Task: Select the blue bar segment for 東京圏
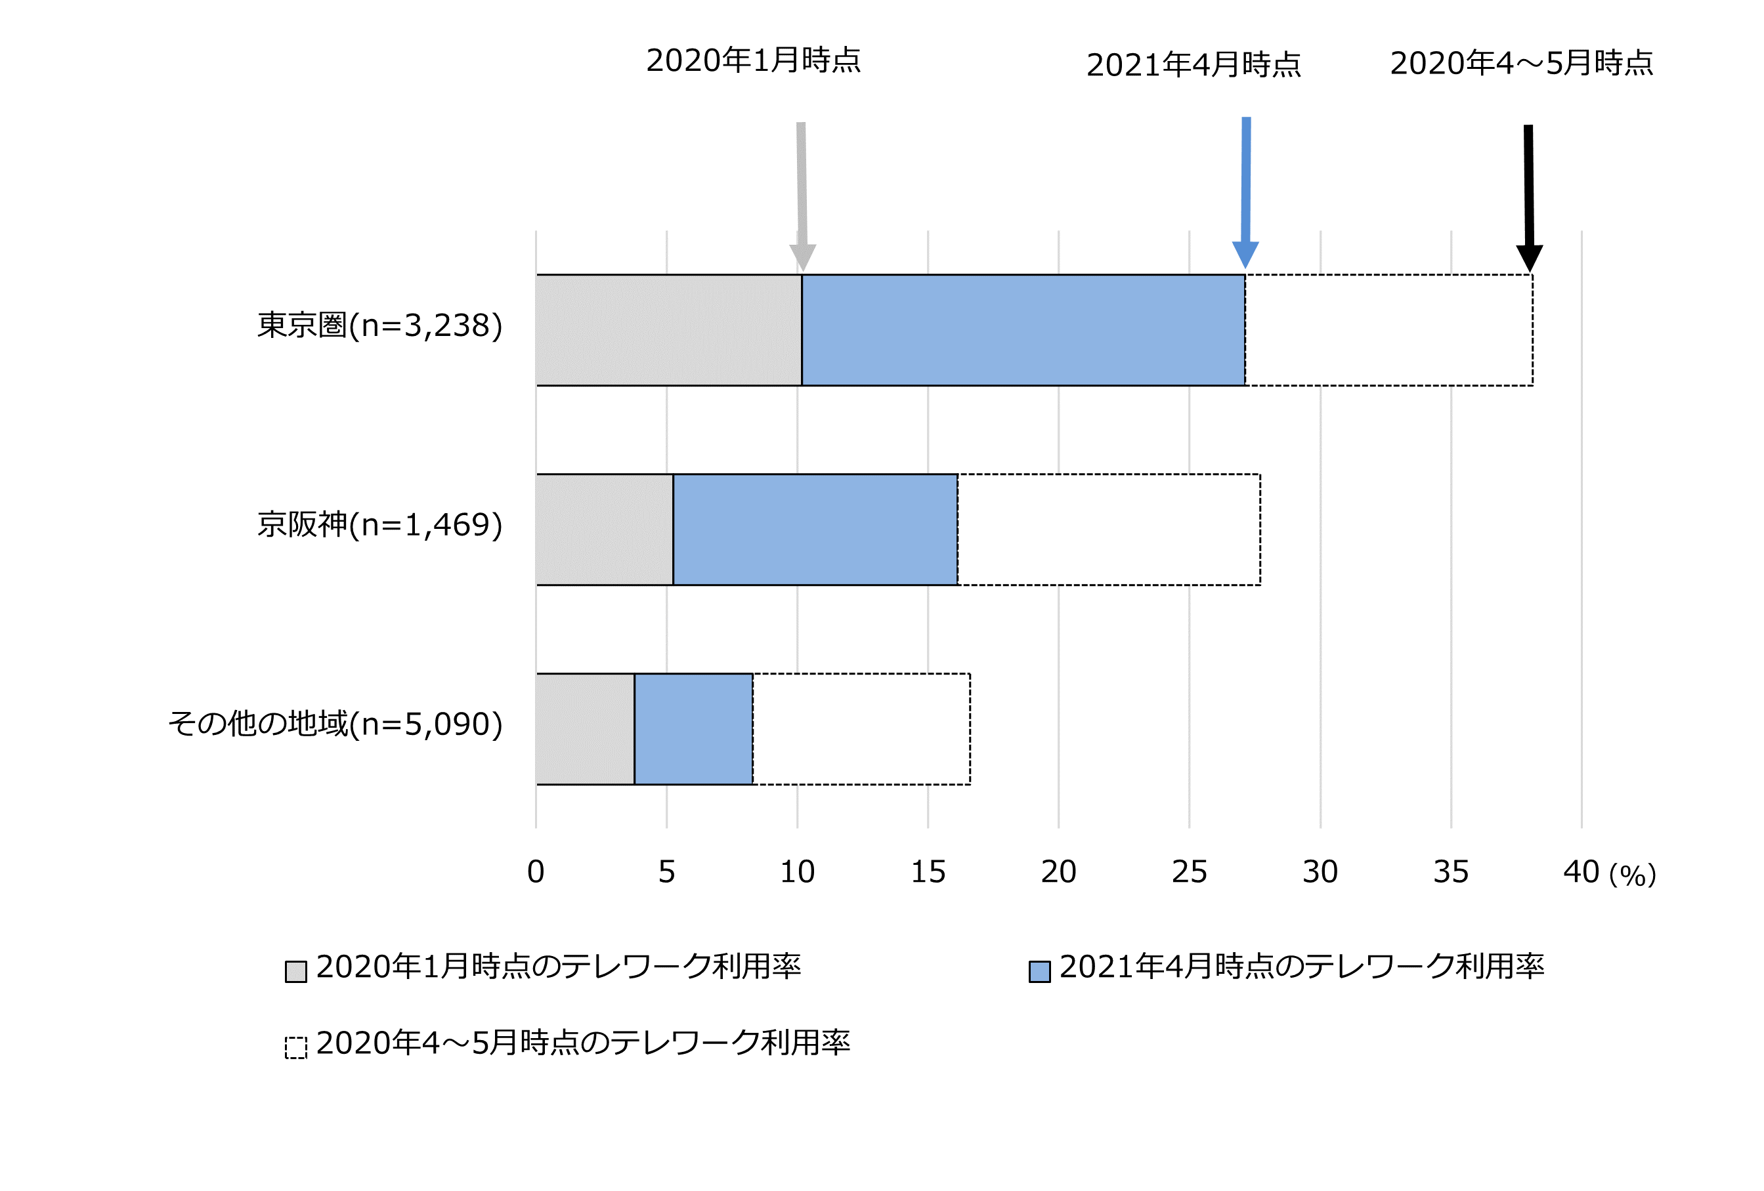[1023, 330]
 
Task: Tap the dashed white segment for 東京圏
[1388, 330]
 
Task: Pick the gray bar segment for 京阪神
[604, 530]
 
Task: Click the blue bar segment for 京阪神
[815, 530]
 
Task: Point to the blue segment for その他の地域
[693, 729]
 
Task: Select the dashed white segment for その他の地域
[861, 729]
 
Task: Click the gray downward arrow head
[802, 257]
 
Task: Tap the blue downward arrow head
[1245, 253]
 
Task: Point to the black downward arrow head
[1530, 257]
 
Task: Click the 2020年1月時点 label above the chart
[753, 60]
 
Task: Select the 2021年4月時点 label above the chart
[1194, 65]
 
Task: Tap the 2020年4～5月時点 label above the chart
[1521, 63]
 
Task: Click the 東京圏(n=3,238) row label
[379, 325]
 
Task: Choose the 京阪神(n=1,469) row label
[379, 525]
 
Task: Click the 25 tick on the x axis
[1189, 872]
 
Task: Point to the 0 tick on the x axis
[536, 872]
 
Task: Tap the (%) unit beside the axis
[1632, 875]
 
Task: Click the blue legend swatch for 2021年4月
[1039, 971]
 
